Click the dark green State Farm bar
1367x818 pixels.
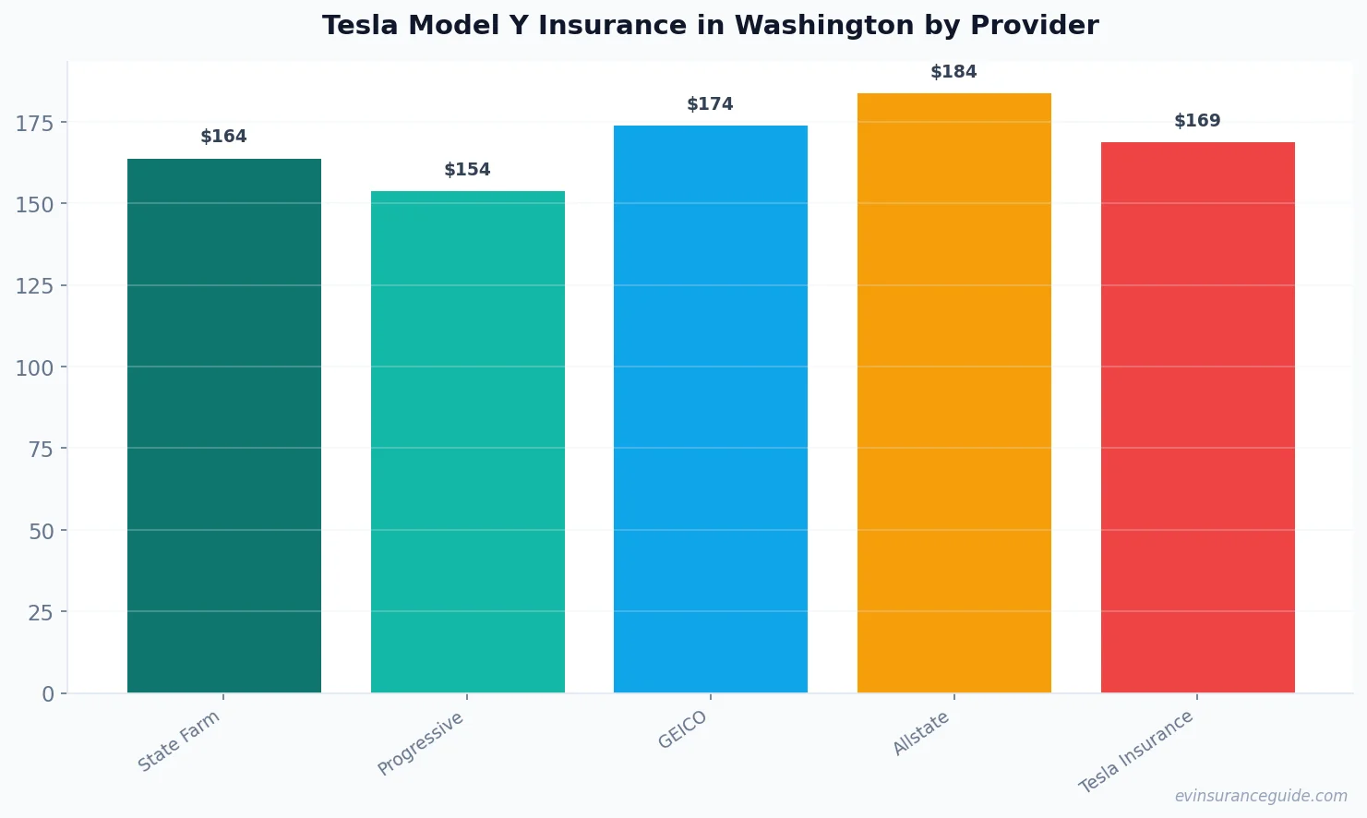click(x=224, y=426)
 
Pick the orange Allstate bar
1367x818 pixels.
click(x=953, y=392)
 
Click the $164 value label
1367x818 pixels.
click(x=224, y=137)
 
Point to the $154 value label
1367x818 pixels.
click(x=467, y=170)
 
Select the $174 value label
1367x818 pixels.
click(x=711, y=104)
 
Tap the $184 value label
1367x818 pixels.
click(x=953, y=72)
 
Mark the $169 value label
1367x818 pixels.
click(x=1197, y=121)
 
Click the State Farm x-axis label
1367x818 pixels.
click(x=179, y=740)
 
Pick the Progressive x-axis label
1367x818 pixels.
click(x=421, y=744)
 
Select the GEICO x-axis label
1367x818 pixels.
click(x=683, y=729)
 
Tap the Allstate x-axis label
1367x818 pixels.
click(x=921, y=734)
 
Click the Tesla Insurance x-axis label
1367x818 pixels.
click(x=1136, y=752)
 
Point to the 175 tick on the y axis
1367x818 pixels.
click(x=35, y=123)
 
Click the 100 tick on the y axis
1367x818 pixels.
click(x=35, y=367)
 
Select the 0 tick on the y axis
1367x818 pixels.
click(x=48, y=694)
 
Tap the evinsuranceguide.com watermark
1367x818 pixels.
click(x=1261, y=796)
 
